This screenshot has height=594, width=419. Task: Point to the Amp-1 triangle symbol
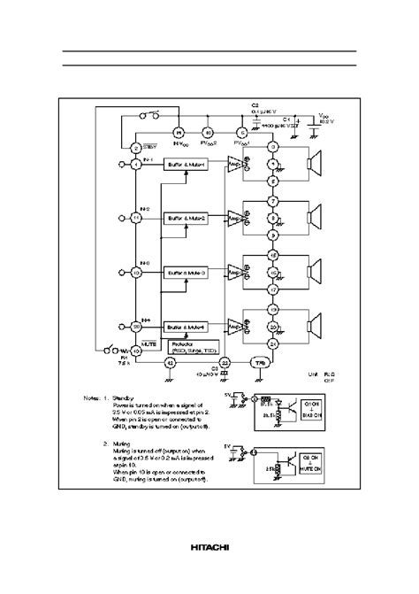pyautogui.click(x=235, y=165)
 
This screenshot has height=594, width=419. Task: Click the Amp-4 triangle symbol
pyautogui.click(x=235, y=326)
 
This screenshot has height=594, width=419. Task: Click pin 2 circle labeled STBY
pyautogui.click(x=136, y=148)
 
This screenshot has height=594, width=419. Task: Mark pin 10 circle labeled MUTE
pyautogui.click(x=136, y=350)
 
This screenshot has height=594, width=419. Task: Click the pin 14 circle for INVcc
pyautogui.click(x=176, y=132)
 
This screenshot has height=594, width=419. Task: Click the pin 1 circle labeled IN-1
pyautogui.click(x=136, y=165)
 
